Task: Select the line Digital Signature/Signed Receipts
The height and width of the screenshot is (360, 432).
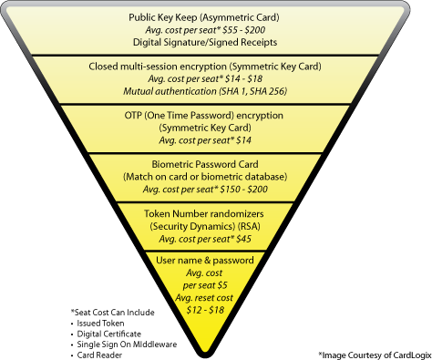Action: tap(216, 41)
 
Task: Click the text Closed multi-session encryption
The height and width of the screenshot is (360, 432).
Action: tap(159, 67)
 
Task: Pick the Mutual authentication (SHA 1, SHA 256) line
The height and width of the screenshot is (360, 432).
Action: tap(216, 92)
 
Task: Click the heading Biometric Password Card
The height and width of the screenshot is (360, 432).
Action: tap(216, 165)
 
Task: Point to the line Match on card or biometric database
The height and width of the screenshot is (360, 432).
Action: tap(216, 177)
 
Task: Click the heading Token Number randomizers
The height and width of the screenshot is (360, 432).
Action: tap(216, 213)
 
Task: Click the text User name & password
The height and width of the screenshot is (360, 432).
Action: tap(216, 261)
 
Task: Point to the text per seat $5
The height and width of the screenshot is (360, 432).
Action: tap(216, 285)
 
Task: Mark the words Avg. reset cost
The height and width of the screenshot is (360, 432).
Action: tap(216, 298)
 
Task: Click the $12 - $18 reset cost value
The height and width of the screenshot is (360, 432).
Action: tap(216, 311)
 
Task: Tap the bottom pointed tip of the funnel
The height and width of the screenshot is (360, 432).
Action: tap(216, 347)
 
